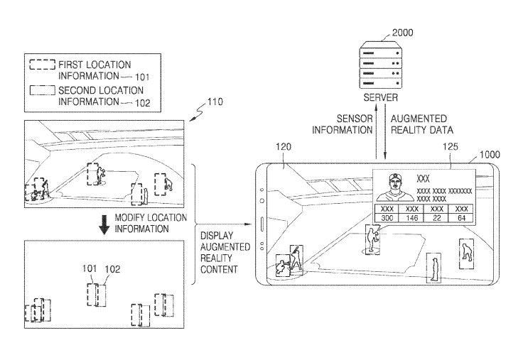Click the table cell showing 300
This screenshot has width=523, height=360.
pyautogui.click(x=388, y=218)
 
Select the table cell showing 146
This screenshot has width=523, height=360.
pyautogui.click(x=411, y=218)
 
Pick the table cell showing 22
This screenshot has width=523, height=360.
pyautogui.click(x=436, y=218)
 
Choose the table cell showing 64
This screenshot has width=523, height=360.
pyautogui.click(x=460, y=218)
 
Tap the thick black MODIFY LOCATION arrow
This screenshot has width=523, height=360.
pyautogui.click(x=104, y=224)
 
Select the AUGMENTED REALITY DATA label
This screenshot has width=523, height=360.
pyautogui.click(x=420, y=124)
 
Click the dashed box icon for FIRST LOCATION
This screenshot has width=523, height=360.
pyautogui.click(x=42, y=65)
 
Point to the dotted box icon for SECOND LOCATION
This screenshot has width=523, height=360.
pyautogui.click(x=42, y=90)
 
